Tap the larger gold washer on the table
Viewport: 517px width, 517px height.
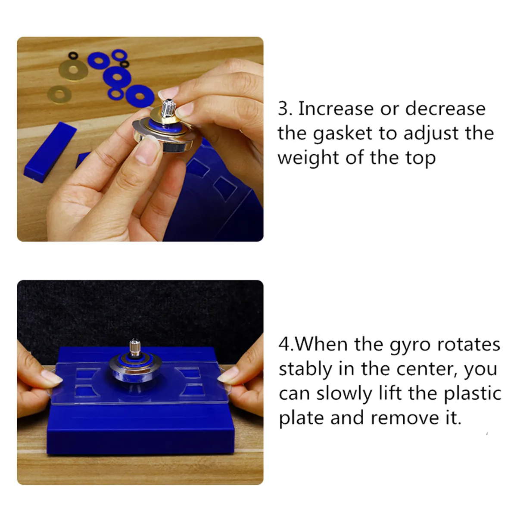[x=74, y=69]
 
